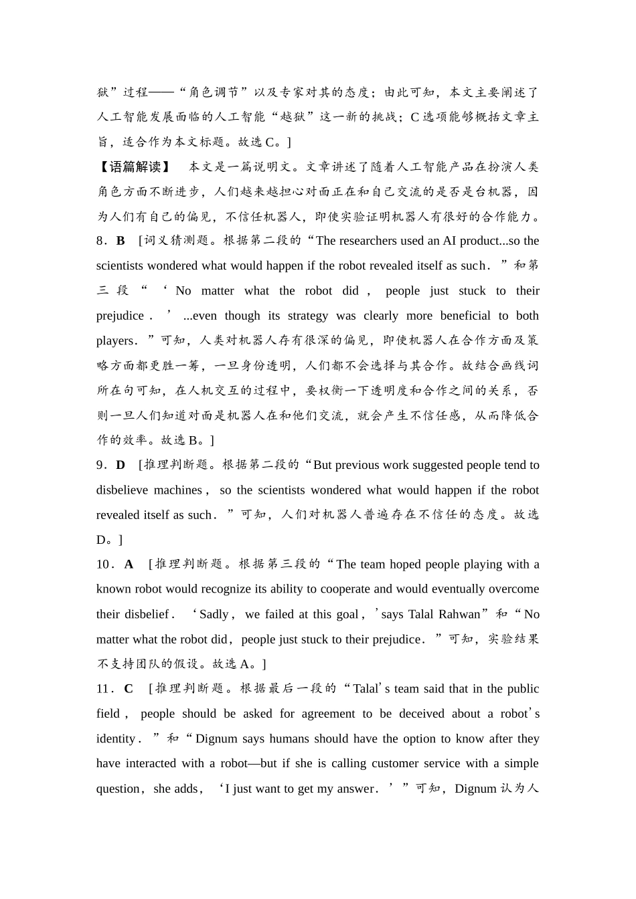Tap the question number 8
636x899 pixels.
point(100,241)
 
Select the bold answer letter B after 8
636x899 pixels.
point(121,241)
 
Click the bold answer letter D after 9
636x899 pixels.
point(121,465)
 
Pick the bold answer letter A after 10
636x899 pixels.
point(129,565)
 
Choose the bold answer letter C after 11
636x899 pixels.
point(129,689)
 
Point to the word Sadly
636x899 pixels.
point(214,614)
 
